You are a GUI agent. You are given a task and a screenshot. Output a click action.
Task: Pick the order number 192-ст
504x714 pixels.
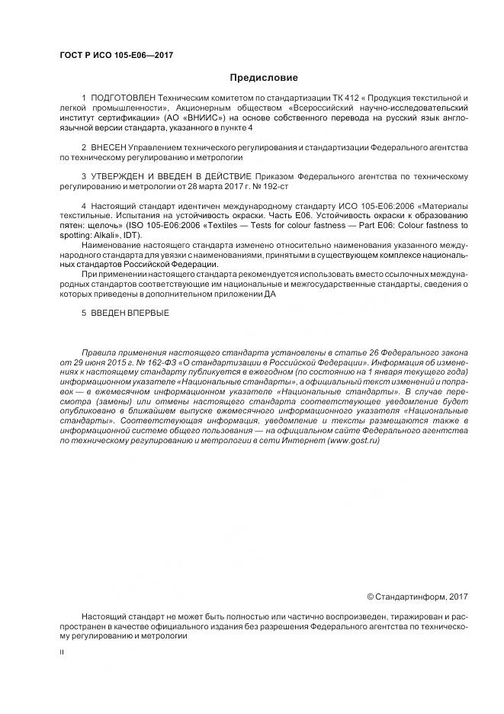[274, 185]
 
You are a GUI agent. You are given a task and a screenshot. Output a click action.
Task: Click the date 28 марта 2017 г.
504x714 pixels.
[210, 185]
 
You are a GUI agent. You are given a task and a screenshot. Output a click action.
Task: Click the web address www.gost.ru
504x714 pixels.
[353, 441]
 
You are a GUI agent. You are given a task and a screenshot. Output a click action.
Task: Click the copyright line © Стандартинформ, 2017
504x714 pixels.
[417, 596]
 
